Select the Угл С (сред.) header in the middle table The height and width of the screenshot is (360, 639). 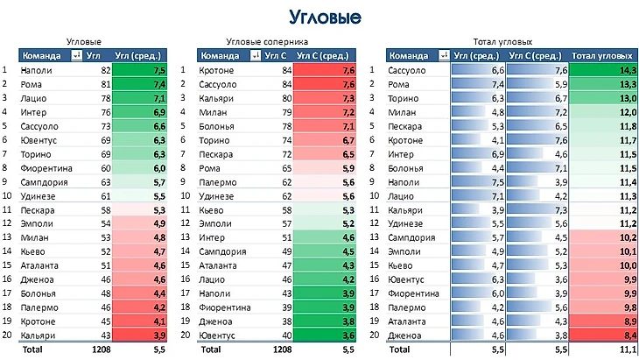coord(327,55)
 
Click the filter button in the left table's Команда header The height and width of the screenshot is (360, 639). coord(76,55)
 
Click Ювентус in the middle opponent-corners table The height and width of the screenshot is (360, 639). coord(218,335)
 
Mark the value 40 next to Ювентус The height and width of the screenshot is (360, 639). coord(284,335)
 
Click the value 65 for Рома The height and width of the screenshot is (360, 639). coord(284,166)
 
